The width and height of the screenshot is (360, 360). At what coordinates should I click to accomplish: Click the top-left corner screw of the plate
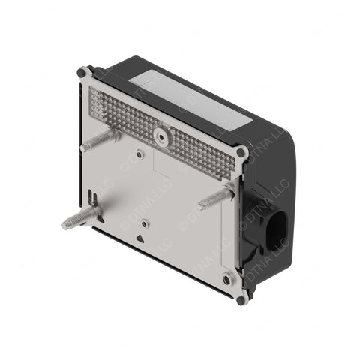(82, 73)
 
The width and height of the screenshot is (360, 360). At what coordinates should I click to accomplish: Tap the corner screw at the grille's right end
(241, 152)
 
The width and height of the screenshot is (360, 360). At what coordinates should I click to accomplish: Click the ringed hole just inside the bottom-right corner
(227, 279)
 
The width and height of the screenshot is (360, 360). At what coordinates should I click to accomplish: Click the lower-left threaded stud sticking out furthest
(79, 218)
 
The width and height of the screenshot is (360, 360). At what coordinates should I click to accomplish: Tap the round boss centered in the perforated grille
(160, 136)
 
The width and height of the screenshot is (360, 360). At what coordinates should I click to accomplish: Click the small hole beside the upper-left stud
(140, 154)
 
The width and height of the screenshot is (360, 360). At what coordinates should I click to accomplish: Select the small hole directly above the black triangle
(147, 223)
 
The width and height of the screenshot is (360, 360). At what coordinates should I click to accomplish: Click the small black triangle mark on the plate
(140, 238)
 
